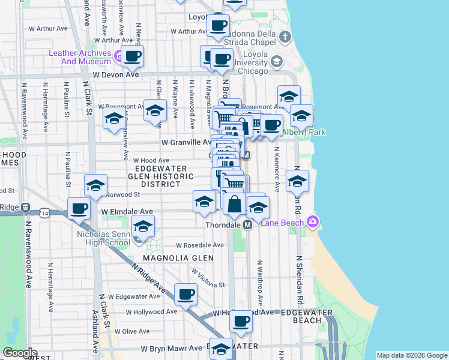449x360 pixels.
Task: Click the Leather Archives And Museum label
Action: tap(79, 57)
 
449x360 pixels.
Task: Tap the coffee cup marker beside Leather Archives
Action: tap(133, 57)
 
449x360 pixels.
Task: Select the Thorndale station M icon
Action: tap(247, 224)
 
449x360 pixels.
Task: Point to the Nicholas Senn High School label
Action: tap(104, 238)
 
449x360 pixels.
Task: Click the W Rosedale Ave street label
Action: tap(200, 245)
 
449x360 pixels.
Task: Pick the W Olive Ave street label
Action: tap(131, 331)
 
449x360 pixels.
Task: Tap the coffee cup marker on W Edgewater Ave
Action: tap(185, 295)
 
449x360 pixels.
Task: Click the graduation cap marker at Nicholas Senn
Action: tap(143, 227)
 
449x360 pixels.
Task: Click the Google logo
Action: tap(20, 353)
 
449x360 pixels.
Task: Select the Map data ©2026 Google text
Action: tap(412, 355)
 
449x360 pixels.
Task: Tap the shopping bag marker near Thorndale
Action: tap(235, 204)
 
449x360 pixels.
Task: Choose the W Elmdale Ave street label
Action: tap(127, 212)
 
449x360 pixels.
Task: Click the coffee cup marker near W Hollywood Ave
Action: tap(241, 321)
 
